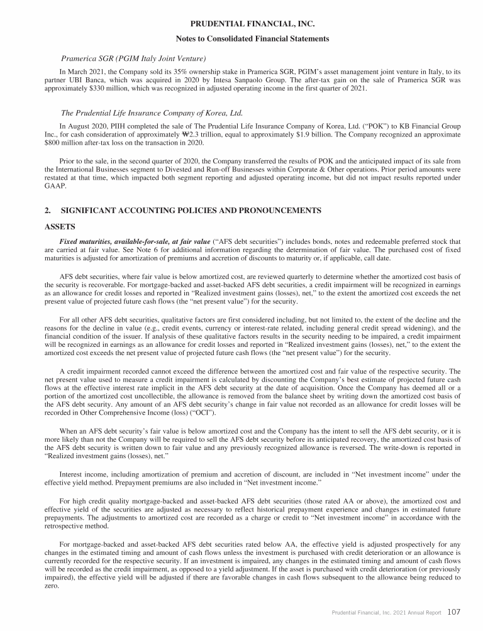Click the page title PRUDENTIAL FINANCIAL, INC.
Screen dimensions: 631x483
click(241, 25)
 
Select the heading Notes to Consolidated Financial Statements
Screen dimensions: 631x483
click(241, 39)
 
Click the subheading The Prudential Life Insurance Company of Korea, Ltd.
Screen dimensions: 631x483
click(151, 114)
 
